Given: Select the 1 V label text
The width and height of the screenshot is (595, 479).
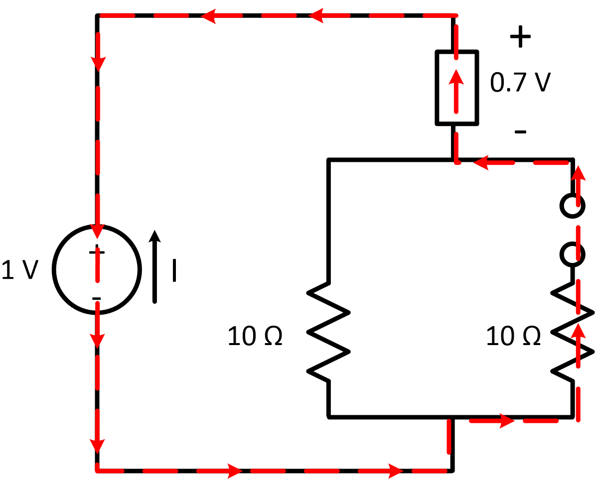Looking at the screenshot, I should (x=20, y=270).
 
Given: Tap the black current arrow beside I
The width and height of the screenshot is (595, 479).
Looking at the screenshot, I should (x=155, y=266).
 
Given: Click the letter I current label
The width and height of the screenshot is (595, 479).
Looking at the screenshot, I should (x=174, y=270).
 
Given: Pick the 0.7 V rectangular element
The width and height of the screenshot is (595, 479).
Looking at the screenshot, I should (x=457, y=88).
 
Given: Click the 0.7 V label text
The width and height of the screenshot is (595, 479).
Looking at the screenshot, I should (x=520, y=82).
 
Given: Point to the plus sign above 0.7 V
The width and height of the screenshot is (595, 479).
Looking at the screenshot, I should (x=520, y=37).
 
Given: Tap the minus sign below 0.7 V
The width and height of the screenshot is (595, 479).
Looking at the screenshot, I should (x=520, y=132).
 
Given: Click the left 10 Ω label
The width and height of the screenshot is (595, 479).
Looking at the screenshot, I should (x=255, y=337).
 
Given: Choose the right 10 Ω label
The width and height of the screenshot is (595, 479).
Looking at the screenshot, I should (x=513, y=337).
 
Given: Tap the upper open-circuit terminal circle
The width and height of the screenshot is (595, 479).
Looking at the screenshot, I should (x=572, y=206).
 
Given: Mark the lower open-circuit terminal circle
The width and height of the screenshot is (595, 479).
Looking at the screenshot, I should (x=572, y=254).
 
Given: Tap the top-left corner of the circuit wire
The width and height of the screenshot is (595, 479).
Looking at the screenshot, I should (x=97, y=16).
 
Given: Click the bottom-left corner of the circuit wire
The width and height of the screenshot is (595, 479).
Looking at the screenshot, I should (x=97, y=469).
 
